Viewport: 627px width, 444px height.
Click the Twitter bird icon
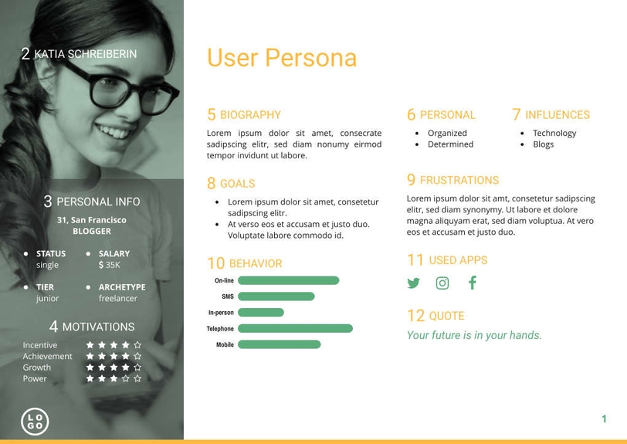(414, 283)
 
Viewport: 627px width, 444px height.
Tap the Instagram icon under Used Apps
(442, 283)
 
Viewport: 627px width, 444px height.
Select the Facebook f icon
(473, 283)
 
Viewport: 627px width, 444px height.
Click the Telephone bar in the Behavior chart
(295, 329)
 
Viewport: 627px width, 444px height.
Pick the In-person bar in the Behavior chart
(261, 313)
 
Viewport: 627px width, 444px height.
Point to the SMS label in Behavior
(227, 297)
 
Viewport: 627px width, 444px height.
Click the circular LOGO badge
(35, 422)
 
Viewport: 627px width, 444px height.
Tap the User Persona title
(282, 58)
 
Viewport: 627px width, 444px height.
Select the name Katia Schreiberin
(86, 54)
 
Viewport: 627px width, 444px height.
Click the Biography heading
(250, 115)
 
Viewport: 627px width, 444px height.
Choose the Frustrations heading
(459, 181)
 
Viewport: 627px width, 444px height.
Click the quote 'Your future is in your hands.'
(474, 335)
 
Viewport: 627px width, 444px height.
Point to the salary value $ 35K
(110, 265)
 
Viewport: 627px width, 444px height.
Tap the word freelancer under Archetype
(118, 298)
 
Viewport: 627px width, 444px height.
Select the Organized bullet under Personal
(447, 133)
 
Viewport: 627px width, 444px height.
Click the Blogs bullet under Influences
(543, 144)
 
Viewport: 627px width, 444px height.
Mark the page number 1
(604, 419)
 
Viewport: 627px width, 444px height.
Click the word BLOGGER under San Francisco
(92, 231)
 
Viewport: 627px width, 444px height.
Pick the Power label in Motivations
(35, 378)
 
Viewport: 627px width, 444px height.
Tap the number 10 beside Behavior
(215, 263)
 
